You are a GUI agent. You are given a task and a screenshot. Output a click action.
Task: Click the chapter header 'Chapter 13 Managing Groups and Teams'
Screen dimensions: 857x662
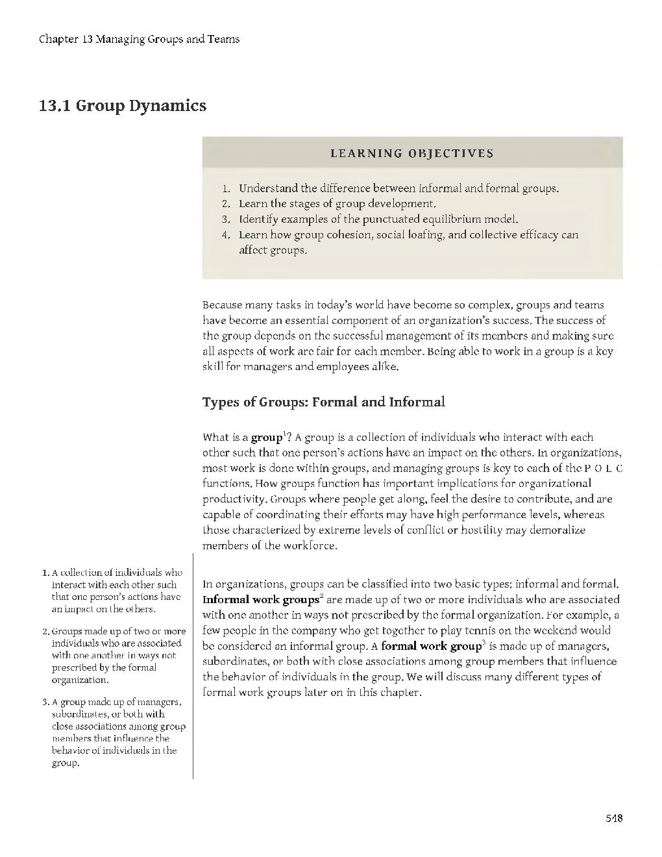click(x=139, y=39)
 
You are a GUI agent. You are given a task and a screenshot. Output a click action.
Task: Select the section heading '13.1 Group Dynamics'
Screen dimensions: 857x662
click(x=122, y=105)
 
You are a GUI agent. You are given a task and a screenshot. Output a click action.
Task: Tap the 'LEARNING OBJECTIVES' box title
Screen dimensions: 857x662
click(x=412, y=154)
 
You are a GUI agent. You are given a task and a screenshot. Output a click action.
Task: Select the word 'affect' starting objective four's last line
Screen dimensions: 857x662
click(x=253, y=250)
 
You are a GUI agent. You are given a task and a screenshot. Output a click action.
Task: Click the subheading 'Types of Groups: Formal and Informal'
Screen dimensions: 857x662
click(x=323, y=402)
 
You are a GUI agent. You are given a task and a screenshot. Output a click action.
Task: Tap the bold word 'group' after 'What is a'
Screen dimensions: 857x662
click(x=266, y=438)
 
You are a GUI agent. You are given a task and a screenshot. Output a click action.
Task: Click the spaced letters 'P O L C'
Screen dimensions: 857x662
click(x=603, y=469)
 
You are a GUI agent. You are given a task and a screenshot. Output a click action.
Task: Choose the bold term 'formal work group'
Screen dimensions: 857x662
click(x=430, y=646)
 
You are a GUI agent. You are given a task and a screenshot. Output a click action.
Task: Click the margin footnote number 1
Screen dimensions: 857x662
click(x=44, y=573)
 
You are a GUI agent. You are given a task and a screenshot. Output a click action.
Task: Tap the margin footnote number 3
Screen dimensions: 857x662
click(x=44, y=702)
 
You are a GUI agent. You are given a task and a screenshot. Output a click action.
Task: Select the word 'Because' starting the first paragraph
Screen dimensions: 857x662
click(x=223, y=304)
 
